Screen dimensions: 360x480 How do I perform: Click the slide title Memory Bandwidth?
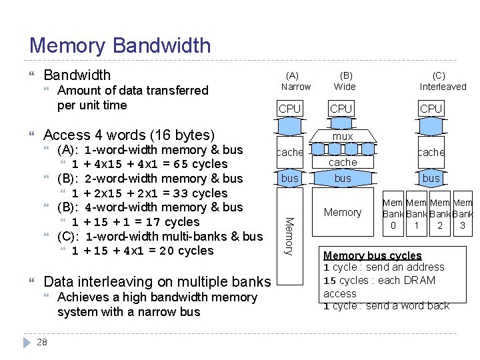[120, 45]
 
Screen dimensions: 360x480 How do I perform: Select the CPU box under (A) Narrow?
[289, 109]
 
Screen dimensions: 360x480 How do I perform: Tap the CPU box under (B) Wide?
[341, 109]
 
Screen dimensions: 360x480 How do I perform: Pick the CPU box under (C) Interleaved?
[431, 109]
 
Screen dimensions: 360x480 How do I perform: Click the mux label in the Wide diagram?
[343, 136]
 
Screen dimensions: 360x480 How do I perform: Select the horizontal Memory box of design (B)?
[342, 212]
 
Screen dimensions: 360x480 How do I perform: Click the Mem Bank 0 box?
[393, 214]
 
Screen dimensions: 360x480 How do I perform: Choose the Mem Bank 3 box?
[463, 214]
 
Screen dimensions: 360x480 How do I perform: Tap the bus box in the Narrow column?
[289, 178]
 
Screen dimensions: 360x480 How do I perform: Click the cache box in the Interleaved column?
[431, 153]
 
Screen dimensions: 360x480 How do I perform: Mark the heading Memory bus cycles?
[372, 255]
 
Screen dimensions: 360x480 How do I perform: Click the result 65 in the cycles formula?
[180, 164]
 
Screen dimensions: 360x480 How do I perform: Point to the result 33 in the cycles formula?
[180, 193]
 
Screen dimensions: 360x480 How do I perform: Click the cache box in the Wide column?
[343, 162]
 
